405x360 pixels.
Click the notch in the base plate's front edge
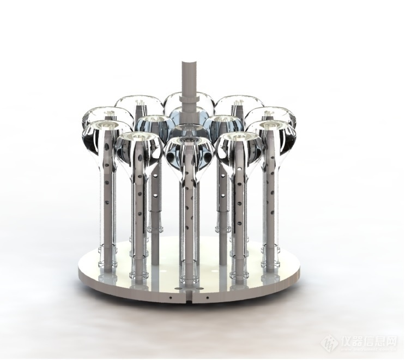click(x=189, y=298)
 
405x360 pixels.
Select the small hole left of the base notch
click(x=171, y=298)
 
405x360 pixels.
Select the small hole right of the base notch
click(x=206, y=298)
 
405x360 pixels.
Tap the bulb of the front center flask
click(x=189, y=153)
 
